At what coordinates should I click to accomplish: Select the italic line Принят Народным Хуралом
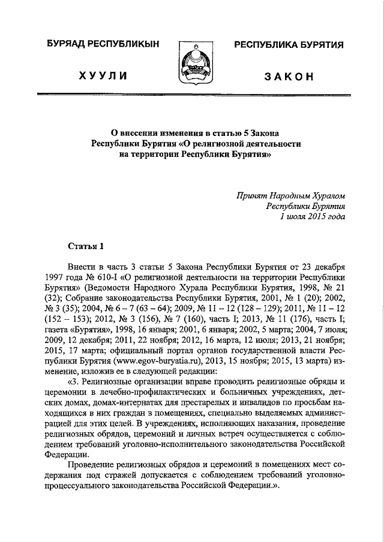point(291,195)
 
